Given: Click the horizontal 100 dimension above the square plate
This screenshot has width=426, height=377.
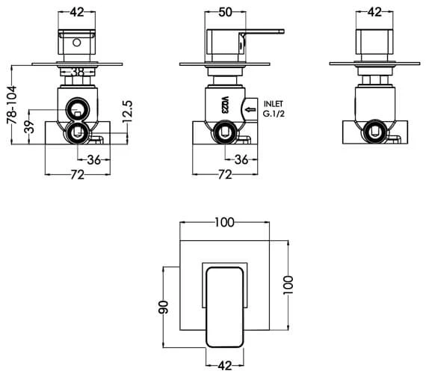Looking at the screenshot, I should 224,221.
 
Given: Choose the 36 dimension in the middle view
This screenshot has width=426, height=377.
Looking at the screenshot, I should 242,159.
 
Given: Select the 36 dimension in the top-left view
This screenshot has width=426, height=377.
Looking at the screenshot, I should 93,159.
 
